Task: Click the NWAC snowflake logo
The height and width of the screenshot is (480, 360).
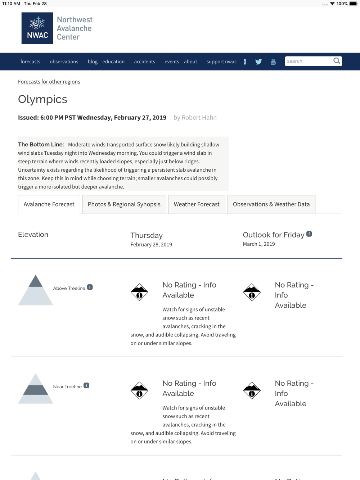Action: (x=37, y=28)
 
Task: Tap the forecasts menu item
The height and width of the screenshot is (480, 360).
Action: (x=30, y=62)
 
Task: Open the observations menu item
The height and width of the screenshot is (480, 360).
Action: (x=64, y=62)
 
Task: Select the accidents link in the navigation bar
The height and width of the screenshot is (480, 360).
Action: (x=144, y=62)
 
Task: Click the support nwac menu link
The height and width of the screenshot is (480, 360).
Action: (x=221, y=62)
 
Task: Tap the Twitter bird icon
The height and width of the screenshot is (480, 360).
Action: (x=258, y=62)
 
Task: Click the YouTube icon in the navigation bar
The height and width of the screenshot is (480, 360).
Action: (x=273, y=62)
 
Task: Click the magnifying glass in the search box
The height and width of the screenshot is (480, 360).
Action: (x=337, y=61)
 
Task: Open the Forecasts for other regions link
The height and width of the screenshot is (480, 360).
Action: (x=49, y=82)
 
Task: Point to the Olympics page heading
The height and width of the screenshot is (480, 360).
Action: (x=42, y=99)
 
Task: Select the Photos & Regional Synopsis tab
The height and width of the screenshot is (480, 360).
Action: (x=124, y=204)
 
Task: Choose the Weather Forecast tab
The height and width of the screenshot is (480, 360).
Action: (x=197, y=204)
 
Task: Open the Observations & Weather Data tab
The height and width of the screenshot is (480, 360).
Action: (x=271, y=204)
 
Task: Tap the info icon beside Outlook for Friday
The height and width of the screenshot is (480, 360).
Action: (x=309, y=234)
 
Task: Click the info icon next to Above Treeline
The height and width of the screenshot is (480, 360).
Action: (x=90, y=287)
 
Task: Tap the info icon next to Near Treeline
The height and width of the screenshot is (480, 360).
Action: (x=86, y=385)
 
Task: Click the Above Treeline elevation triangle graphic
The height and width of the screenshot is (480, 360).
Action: (x=36, y=290)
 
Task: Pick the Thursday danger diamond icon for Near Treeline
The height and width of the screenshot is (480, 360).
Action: (x=139, y=390)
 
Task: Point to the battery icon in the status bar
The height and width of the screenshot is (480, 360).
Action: (x=353, y=4)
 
